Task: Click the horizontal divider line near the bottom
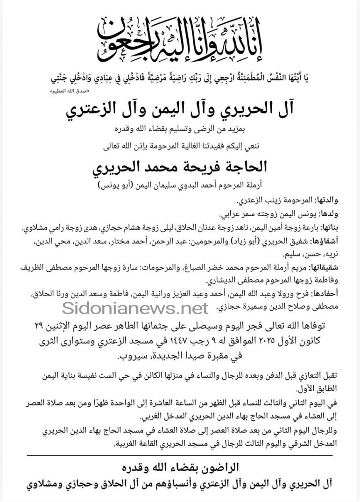[x=180, y=455]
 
